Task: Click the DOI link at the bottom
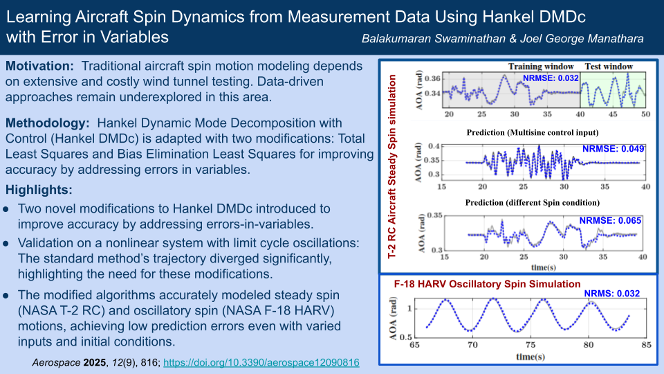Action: point(261,362)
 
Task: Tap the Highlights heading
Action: point(39,190)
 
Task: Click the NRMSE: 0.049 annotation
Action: point(614,149)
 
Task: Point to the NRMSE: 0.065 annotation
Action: point(610,220)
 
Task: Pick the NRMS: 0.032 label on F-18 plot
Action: point(612,294)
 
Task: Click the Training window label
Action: point(541,66)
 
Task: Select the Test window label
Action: point(609,66)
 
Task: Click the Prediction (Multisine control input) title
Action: point(533,133)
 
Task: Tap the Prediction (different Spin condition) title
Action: point(533,203)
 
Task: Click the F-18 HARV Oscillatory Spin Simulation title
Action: point(487,284)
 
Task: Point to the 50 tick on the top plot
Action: point(645,114)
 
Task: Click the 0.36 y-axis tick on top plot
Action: point(432,78)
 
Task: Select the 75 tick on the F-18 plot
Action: point(531,345)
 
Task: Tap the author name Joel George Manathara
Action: point(582,39)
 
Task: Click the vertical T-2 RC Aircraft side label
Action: point(392,166)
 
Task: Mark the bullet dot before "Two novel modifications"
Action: point(6,209)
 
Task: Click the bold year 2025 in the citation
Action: point(95,362)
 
